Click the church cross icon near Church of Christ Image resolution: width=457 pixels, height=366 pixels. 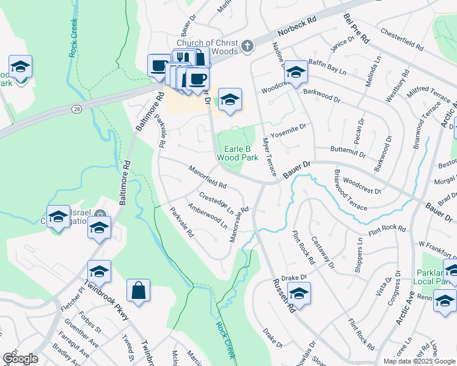coord(247,46)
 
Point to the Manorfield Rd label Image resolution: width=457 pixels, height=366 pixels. coord(207,177)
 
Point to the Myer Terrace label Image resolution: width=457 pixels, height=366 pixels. coord(268,157)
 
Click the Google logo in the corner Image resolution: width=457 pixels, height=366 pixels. coord(20,359)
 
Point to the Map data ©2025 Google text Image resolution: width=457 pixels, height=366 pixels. coord(419,361)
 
